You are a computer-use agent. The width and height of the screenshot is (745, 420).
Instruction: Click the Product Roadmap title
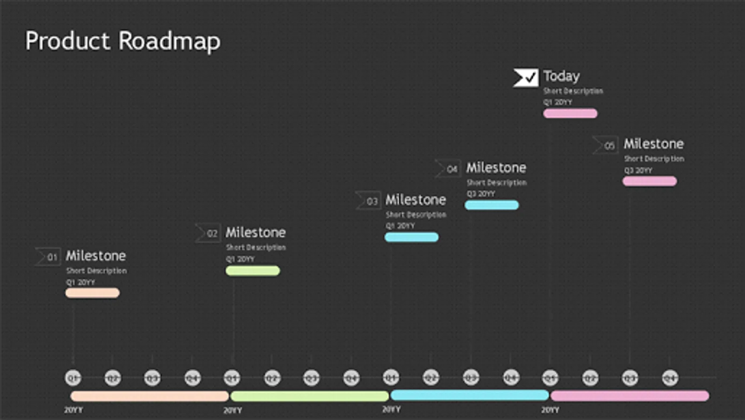coord(122,41)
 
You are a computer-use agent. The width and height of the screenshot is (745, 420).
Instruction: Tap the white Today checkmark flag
coord(525,77)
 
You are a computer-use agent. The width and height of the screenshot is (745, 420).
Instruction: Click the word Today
coord(561,76)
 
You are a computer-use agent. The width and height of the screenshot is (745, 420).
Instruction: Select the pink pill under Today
coord(570,113)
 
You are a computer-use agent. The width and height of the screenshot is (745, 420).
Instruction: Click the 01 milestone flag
coord(48,257)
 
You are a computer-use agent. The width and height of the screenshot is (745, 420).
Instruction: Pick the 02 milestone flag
coord(208,233)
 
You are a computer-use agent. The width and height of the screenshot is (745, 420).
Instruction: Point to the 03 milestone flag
coord(368,201)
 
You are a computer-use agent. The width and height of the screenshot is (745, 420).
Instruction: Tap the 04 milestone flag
coord(448,168)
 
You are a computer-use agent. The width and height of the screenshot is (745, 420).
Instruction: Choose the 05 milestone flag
coord(606,145)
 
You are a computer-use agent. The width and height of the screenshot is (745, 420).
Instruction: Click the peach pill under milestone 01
coord(93,293)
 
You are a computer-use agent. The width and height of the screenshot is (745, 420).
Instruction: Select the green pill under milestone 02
coord(252,271)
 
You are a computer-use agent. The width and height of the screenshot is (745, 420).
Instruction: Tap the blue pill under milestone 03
coord(411,237)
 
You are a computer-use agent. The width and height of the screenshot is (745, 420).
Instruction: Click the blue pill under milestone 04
coord(492,205)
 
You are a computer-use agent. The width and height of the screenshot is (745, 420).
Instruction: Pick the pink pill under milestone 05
coord(649,181)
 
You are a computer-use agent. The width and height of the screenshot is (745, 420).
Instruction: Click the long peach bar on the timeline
coord(150,396)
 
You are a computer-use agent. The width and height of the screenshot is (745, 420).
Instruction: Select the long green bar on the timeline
coord(309,396)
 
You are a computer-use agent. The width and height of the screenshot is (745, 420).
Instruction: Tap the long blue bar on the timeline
coord(469,395)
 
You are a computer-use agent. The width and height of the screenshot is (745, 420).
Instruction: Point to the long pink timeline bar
coord(630,396)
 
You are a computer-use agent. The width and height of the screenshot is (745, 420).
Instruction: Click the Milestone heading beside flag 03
coord(415,200)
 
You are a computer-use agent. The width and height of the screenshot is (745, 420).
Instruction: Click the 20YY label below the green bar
coord(233,410)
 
